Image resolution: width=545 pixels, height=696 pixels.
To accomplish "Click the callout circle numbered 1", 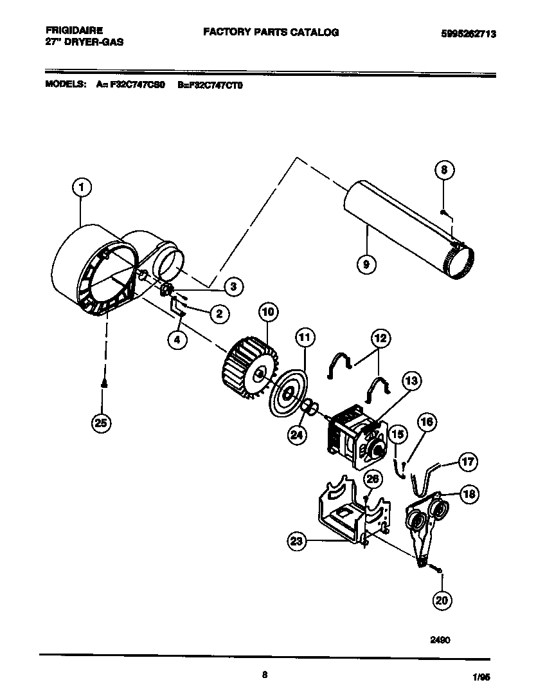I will (80, 188).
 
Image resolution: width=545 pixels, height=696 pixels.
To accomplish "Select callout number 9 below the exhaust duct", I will (367, 264).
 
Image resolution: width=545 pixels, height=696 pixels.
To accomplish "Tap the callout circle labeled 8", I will (443, 170).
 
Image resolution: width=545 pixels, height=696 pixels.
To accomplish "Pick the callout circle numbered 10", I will (268, 313).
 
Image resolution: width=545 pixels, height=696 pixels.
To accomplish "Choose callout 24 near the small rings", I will (297, 434).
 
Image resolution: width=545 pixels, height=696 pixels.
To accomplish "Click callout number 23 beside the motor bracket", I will (296, 542).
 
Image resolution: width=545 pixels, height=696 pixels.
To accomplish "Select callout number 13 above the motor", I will (411, 381).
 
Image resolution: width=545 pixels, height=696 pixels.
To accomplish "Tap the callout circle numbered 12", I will (380, 338).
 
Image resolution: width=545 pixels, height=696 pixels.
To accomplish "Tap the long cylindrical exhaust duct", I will (405, 231).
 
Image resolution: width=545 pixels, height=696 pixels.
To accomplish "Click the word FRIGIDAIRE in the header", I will (75, 30).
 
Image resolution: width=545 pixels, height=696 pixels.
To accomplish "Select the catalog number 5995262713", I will (468, 34).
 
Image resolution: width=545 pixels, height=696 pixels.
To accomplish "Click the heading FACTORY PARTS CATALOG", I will (271, 32).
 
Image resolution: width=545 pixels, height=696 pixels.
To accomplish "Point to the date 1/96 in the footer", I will (489, 677).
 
